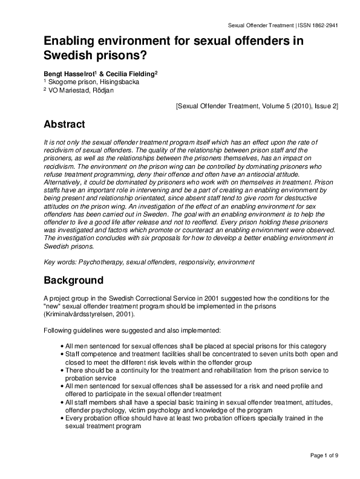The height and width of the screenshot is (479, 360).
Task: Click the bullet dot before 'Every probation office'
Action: (62, 418)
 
